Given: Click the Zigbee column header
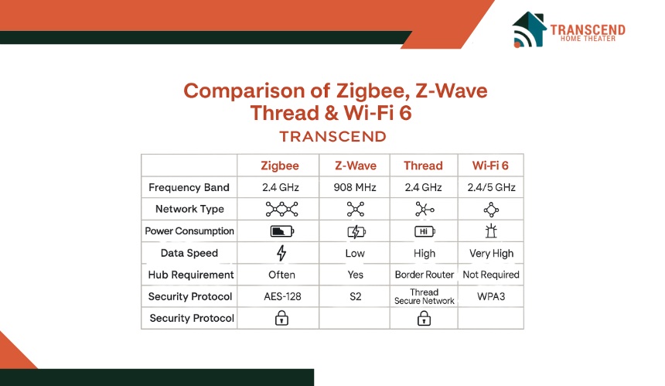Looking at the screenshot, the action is [280, 166].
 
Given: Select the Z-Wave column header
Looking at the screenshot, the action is [356, 166].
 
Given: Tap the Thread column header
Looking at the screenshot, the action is [423, 166].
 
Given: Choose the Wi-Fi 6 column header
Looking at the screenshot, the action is [490, 166].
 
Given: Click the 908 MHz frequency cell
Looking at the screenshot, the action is [355, 187].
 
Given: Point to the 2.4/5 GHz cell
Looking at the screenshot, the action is [491, 187].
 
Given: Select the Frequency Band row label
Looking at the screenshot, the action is [189, 187].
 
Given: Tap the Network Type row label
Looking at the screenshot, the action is [189, 209].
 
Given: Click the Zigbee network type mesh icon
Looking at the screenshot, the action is [281, 209].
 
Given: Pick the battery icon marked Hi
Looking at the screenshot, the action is [425, 231].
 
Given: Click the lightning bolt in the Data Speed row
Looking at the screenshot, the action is [281, 253].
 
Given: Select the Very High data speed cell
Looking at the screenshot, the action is [491, 253].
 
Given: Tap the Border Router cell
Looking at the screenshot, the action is [424, 275].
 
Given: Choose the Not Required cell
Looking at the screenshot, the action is [491, 275].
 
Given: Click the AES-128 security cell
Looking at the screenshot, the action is [282, 296].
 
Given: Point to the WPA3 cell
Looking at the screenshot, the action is [491, 296].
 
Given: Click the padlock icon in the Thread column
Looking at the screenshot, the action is [424, 318].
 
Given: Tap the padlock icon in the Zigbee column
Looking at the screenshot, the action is [281, 318].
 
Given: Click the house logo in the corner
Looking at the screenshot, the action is [529, 29].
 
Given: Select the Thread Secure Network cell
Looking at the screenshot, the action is [424, 296].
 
